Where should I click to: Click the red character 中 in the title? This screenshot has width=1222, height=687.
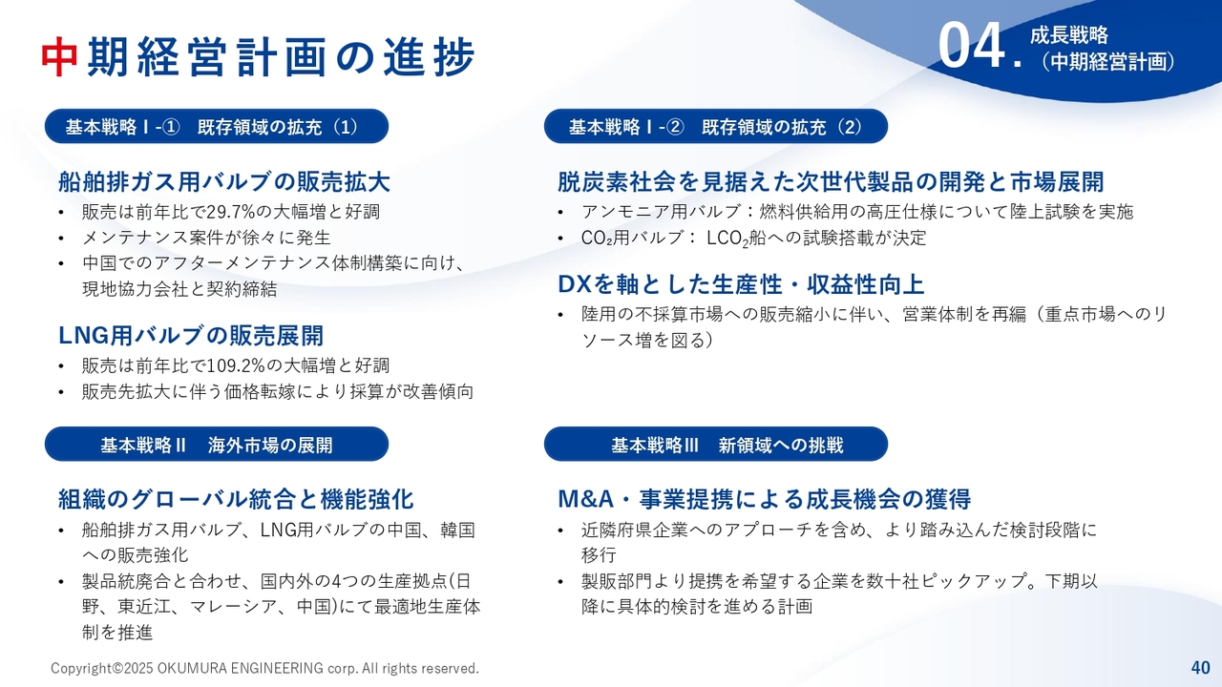pyautogui.click(x=59, y=57)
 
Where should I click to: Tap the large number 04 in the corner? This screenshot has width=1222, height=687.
pyautogui.click(x=972, y=46)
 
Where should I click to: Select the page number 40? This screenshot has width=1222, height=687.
pyautogui.click(x=1201, y=667)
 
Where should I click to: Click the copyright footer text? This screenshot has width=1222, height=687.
pyautogui.click(x=264, y=668)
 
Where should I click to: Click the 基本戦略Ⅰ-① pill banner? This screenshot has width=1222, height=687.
pyautogui.click(x=217, y=127)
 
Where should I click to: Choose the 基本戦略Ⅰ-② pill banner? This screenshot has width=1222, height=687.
pyautogui.click(x=716, y=127)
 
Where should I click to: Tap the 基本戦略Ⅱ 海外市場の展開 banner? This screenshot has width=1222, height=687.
pyautogui.click(x=217, y=445)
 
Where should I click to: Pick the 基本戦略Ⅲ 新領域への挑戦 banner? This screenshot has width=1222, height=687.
pyautogui.click(x=716, y=445)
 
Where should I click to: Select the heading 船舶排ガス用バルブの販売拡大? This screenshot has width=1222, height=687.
pyautogui.click(x=224, y=182)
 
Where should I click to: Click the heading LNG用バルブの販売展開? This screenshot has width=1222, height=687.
pyautogui.click(x=191, y=335)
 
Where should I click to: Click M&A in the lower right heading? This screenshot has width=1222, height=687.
pyautogui.click(x=587, y=499)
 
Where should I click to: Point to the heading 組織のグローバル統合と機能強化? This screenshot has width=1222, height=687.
pyautogui.click(x=236, y=499)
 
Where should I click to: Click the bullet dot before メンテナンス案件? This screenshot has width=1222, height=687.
pyautogui.click(x=61, y=239)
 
